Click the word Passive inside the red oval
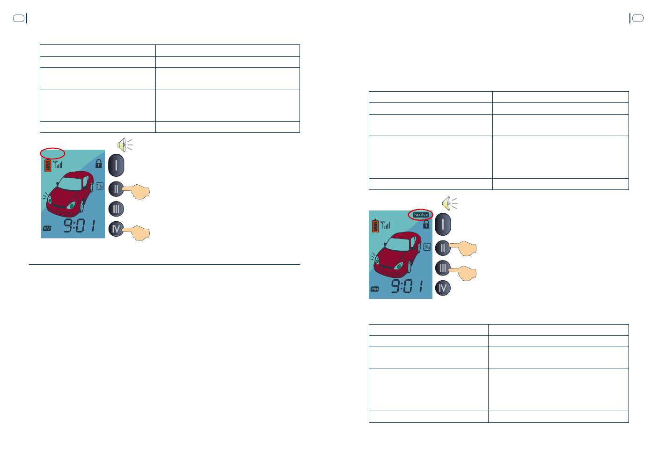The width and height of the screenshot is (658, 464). pos(420,215)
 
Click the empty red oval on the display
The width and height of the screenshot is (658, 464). pos(52,153)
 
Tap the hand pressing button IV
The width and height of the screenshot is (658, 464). pos(139,232)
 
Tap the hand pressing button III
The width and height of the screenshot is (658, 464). pos(466,272)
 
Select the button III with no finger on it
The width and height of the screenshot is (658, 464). pos(116,209)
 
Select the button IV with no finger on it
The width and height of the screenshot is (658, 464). pos(443,288)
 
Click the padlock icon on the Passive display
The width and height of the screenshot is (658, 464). pos(426,225)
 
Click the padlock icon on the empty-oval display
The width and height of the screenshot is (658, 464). pos(98,164)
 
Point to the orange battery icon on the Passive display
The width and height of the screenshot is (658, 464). pos(375,225)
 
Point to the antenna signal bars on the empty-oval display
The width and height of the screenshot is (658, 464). pos(58,164)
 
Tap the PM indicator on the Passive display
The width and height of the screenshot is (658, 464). pos(375,289)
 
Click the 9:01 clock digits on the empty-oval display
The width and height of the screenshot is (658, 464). pos(80,226)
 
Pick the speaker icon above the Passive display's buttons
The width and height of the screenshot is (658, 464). pos(448,203)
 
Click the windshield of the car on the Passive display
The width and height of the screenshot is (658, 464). pos(399,244)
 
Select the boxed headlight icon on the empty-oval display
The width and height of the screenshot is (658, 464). pos(100,186)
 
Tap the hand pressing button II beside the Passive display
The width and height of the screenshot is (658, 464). pos(466,248)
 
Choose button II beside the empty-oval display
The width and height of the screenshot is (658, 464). pos(116,189)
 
